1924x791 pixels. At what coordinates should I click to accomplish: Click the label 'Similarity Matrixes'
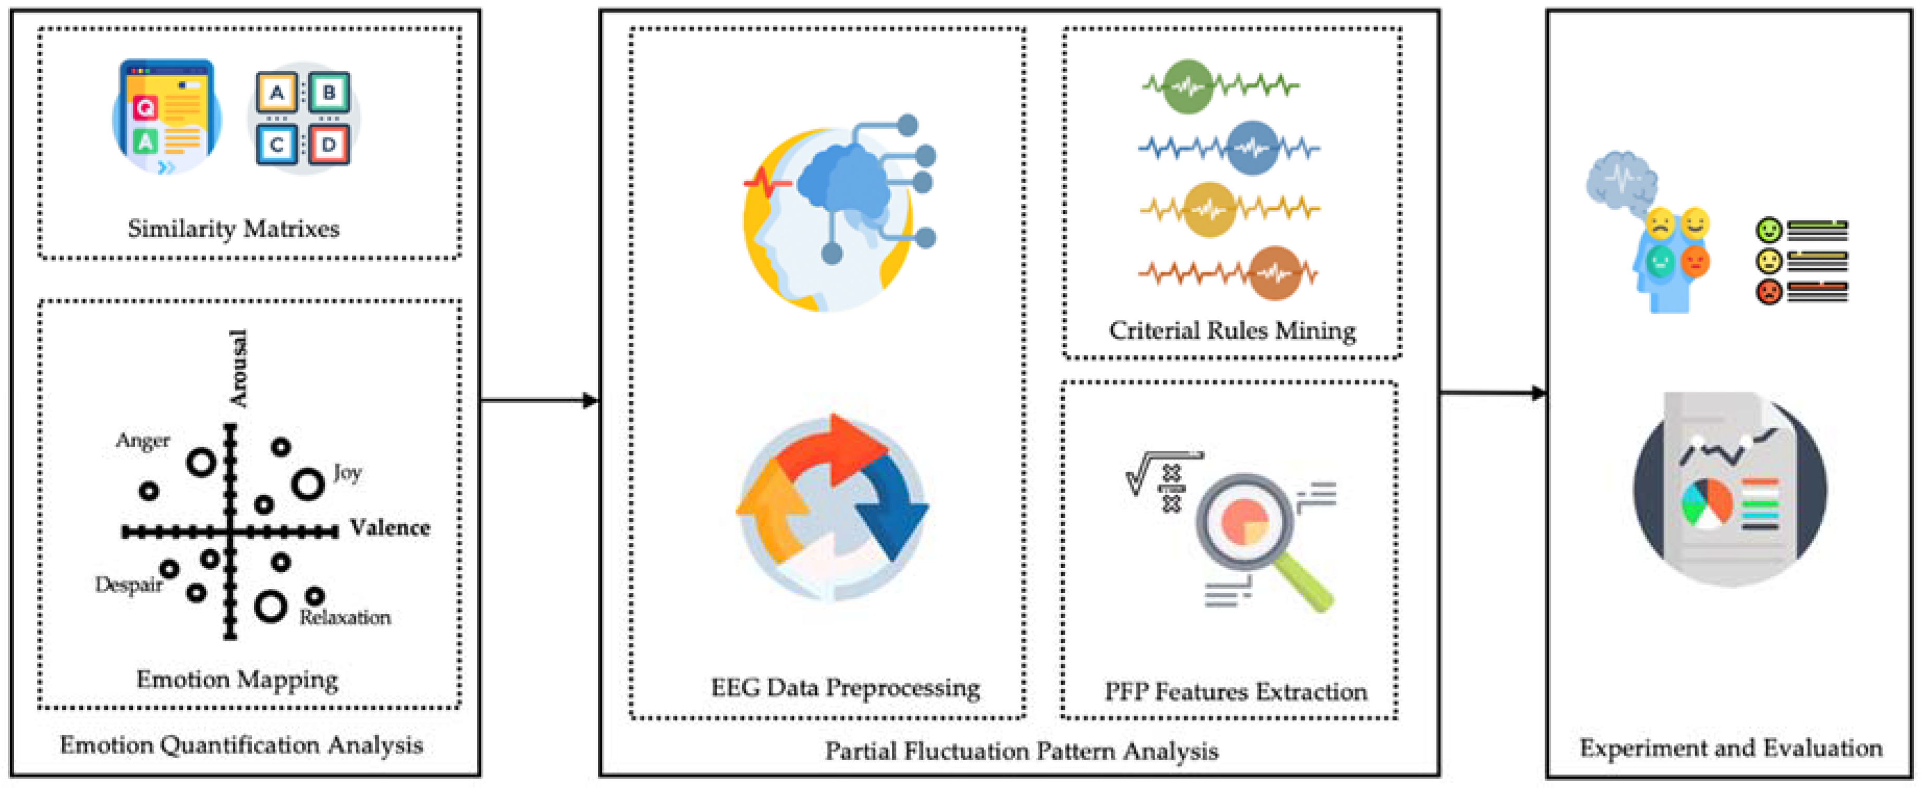point(233,229)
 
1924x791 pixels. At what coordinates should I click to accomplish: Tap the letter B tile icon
point(328,93)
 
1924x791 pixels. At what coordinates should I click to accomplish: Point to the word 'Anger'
point(143,441)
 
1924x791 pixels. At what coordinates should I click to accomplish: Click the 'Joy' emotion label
point(347,473)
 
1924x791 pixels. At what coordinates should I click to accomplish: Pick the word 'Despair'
point(128,584)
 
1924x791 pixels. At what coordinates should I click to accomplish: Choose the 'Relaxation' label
point(345,617)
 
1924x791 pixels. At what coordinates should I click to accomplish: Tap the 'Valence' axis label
point(390,528)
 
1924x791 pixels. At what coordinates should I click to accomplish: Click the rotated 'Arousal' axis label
point(238,369)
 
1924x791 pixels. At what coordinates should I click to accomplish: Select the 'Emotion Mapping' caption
point(238,679)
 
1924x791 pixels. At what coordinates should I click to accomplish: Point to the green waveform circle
point(1187,86)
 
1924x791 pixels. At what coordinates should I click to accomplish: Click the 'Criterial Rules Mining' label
point(1232,330)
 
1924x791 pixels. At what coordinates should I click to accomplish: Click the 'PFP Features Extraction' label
point(1236,691)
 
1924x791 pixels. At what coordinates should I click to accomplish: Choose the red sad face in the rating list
point(1769,291)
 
